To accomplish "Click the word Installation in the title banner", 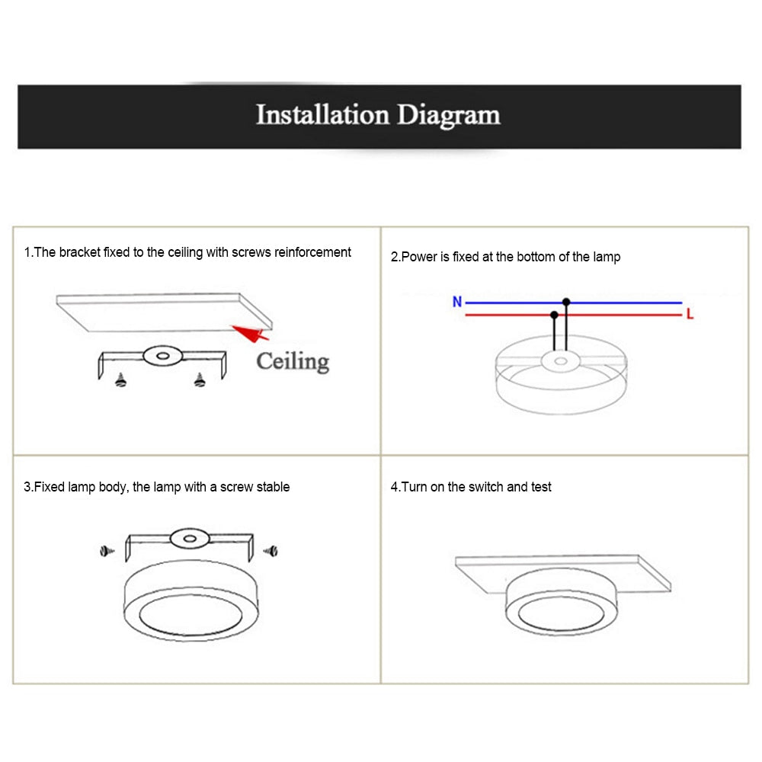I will coord(323,116).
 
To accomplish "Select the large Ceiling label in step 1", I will coord(293,360).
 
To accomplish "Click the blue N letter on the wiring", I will coord(457,302).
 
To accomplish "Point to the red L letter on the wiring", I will coord(690,314).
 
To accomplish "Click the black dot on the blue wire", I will coord(566,303).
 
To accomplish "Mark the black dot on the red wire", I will coord(554,314).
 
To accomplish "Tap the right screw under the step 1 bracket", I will coord(200,379).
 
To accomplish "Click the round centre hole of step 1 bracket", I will coord(161,355).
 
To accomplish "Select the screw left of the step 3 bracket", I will coord(106,549).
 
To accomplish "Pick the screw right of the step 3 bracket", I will coord(270,549).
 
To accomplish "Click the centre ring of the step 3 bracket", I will coord(187,539).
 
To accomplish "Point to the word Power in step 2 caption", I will coord(420,258).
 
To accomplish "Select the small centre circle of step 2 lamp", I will coord(561,360).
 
